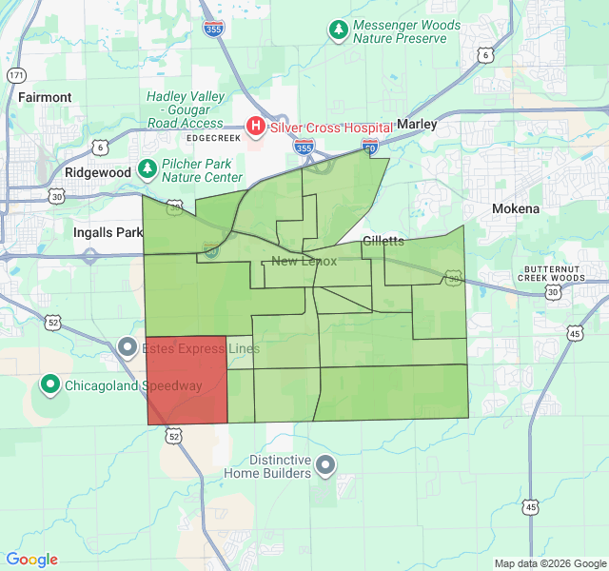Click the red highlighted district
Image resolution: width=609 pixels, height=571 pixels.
point(187,380)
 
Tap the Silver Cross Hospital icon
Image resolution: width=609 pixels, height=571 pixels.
point(255,127)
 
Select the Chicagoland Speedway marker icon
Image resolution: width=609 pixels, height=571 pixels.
point(49,385)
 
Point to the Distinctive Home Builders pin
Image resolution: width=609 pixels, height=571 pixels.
point(325,465)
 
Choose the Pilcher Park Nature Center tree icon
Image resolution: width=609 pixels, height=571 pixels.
point(147,169)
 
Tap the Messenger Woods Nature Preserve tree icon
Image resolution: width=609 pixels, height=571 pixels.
point(338,30)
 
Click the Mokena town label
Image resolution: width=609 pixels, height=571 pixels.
point(516,208)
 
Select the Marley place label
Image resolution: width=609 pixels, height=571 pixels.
point(416,125)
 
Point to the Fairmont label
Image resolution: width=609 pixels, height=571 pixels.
point(45,97)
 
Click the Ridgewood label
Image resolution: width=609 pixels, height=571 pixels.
point(98,173)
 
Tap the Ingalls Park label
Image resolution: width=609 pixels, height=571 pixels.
point(107,232)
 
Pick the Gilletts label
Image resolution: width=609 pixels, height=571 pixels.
point(383,241)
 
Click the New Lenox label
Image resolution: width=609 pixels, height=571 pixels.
point(304,262)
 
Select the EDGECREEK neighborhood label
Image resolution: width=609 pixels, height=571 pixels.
point(215,138)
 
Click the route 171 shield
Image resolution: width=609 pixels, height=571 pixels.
point(15,74)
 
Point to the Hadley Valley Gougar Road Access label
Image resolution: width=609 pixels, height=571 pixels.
point(187,109)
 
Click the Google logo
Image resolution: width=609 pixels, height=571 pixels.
point(31,560)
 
